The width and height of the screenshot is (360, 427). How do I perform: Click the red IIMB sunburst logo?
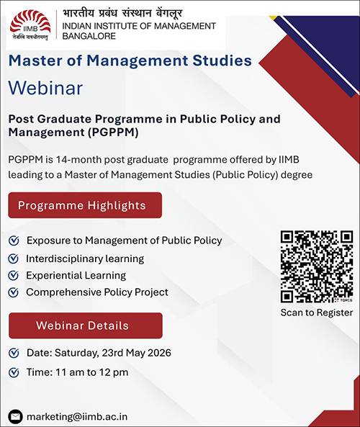[30, 24]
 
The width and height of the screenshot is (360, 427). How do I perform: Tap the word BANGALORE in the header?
[89, 36]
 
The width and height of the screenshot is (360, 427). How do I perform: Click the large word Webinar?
[45, 88]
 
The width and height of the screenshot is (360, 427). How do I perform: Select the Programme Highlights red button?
[85, 205]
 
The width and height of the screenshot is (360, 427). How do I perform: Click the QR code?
[317, 266]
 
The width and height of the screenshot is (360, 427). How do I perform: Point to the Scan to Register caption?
[317, 313]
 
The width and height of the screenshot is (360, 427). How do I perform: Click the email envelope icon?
[16, 417]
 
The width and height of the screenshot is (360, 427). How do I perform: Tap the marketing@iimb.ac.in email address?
[77, 417]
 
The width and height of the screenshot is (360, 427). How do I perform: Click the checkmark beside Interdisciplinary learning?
[14, 259]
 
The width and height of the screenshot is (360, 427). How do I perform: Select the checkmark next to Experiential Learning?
[14, 275]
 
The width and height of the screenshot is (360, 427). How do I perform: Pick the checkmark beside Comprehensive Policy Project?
[14, 292]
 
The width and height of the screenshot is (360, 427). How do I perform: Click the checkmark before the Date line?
[14, 353]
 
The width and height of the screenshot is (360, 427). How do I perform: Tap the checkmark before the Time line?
[14, 372]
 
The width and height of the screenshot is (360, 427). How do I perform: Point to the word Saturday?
[77, 354]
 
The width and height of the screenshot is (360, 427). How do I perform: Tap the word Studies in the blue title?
[222, 60]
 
